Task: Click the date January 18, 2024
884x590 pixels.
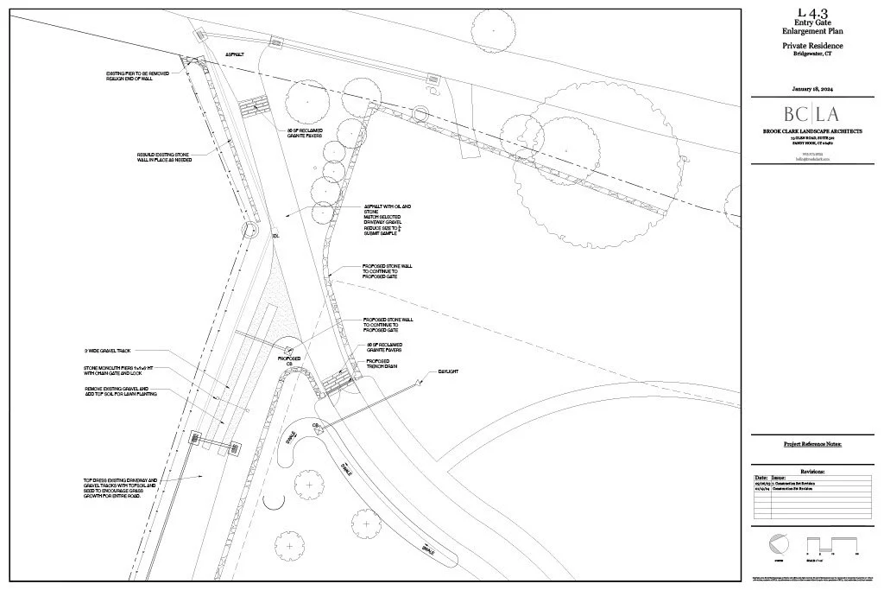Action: tap(812, 90)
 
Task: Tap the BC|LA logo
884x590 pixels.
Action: tap(811, 114)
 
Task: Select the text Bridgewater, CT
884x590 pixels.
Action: tap(812, 54)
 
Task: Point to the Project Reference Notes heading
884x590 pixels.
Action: tap(811, 444)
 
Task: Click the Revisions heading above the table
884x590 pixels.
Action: tap(812, 472)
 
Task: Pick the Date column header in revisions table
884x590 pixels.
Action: tap(761, 478)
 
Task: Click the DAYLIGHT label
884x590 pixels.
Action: tap(447, 371)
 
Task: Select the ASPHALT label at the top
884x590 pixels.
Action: tap(235, 54)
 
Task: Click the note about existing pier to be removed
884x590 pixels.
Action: tap(137, 77)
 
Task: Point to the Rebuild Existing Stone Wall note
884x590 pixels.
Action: tap(164, 157)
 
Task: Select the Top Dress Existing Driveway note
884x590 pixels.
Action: tap(120, 489)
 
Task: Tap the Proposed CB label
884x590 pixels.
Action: tap(288, 361)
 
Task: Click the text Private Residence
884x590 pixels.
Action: tap(812, 45)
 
